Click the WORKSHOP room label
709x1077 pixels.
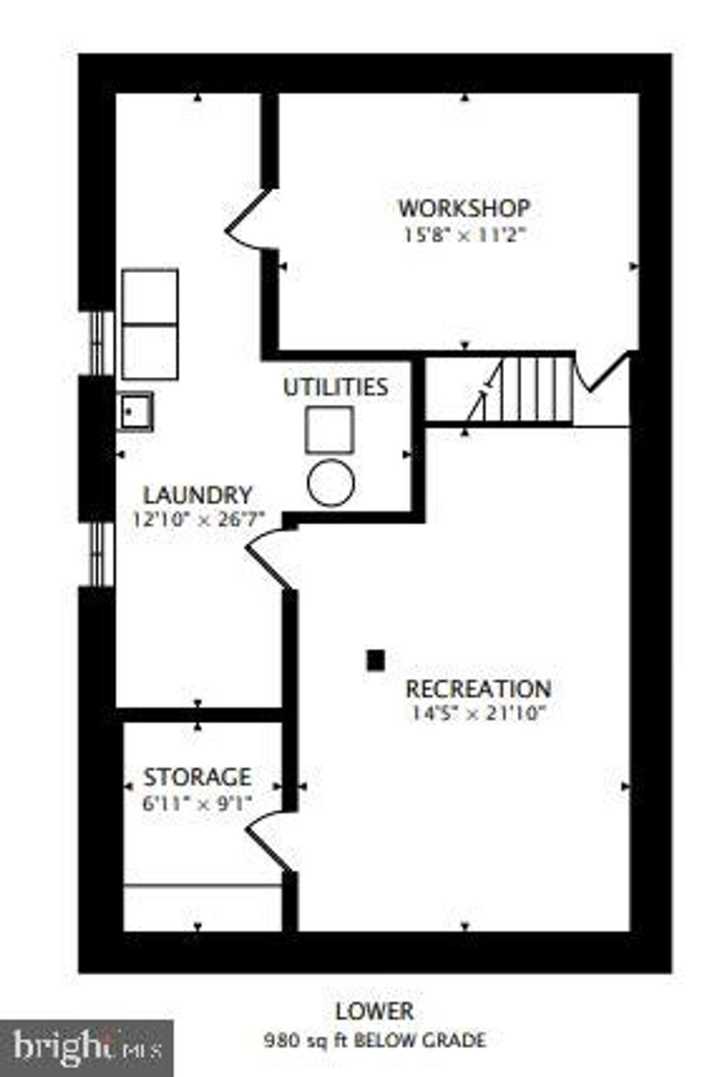(x=465, y=208)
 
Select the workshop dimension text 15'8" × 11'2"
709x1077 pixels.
(x=465, y=236)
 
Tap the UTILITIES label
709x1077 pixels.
(x=335, y=387)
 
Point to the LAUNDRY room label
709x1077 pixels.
(x=198, y=495)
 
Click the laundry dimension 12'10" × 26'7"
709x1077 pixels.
(x=199, y=520)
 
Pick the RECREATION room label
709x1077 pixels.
(x=478, y=689)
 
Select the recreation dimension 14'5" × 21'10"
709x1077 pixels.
(x=478, y=714)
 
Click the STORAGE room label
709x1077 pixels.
(x=197, y=778)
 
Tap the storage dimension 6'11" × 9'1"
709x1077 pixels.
(x=197, y=803)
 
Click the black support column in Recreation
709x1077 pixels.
(x=376, y=660)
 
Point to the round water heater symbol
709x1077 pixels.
(x=331, y=482)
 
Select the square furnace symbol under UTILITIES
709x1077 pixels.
(x=330, y=430)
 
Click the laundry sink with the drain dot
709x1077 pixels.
(x=137, y=412)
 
